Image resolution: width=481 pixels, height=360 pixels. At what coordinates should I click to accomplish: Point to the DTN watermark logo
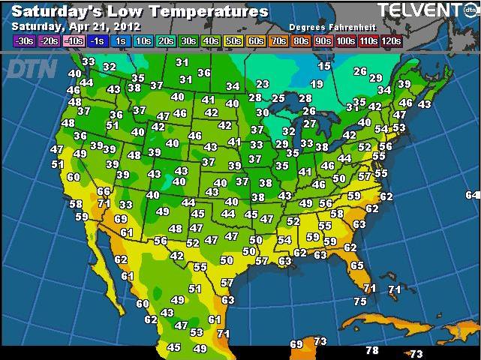28,68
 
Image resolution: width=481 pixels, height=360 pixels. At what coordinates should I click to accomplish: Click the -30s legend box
23,40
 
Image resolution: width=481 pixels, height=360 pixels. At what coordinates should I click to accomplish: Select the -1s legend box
95,40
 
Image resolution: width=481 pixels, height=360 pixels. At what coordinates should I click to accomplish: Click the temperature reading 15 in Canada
324,66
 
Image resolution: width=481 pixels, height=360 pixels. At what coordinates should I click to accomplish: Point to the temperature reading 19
316,84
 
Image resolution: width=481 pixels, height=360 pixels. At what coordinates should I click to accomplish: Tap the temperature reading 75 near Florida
359,301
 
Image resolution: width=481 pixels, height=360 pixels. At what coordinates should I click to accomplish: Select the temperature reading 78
371,350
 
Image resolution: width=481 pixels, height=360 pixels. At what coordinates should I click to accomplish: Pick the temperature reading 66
104,191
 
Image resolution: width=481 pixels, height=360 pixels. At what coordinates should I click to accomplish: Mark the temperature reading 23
262,84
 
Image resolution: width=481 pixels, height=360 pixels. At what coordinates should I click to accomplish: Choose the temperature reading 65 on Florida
356,265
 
